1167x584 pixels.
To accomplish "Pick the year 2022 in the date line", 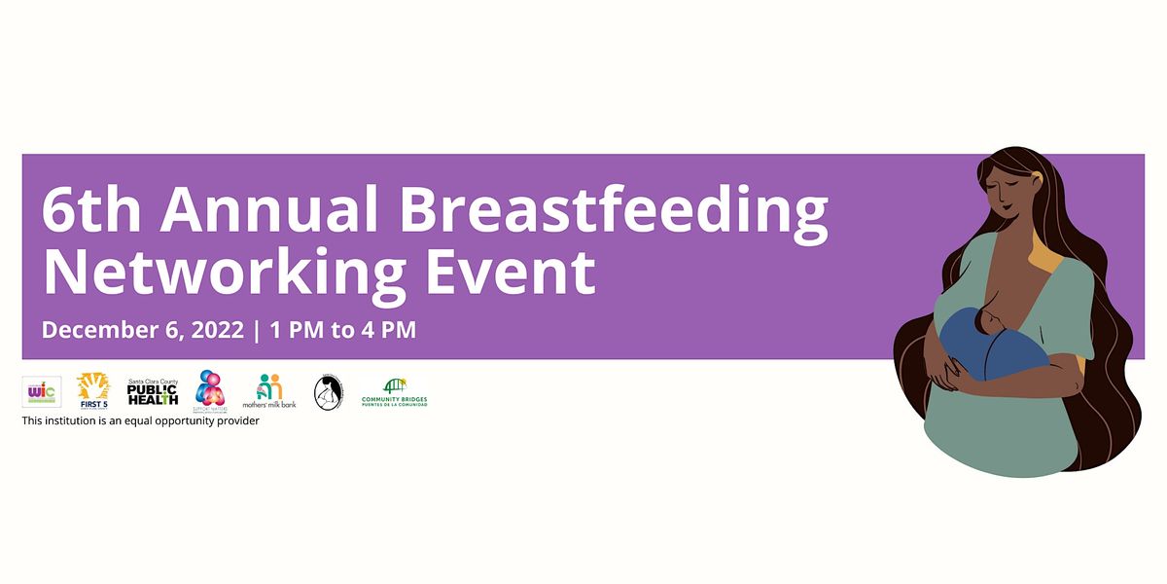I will pos(215,330).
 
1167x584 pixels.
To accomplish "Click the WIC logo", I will pos(42,391).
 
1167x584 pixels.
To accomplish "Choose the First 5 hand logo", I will pos(93,390).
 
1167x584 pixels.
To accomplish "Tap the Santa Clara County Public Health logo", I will pos(153,392).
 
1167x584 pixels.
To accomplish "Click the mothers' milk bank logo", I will pos(269,390).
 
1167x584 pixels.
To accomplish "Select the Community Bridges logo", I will pos(394,392).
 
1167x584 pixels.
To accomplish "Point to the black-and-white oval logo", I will pos(328,392).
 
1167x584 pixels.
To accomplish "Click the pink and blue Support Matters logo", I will pos(210,390).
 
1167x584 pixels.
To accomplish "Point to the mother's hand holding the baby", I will pos(938,367).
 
